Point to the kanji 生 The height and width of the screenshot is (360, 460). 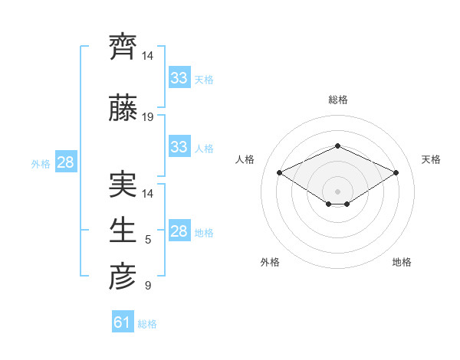pyautogui.click(x=123, y=231)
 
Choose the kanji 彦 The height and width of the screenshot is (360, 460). pyautogui.click(x=123, y=277)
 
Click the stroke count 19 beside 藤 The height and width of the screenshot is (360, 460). pyautogui.click(x=148, y=117)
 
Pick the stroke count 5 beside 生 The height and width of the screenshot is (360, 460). pyautogui.click(x=148, y=241)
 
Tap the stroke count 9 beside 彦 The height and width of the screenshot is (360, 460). pyautogui.click(x=148, y=286)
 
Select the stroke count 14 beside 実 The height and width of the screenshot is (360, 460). pyautogui.click(x=148, y=194)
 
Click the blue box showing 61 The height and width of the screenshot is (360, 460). pyautogui.click(x=123, y=322)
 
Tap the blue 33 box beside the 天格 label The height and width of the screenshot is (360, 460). pyautogui.click(x=179, y=78)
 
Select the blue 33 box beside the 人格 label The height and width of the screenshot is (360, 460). pyautogui.click(x=179, y=147)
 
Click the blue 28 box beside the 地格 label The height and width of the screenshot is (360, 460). pyautogui.click(x=179, y=231)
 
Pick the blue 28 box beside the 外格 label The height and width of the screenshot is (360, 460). pyautogui.click(x=66, y=162)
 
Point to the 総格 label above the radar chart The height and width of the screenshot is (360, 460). pyautogui.click(x=337, y=100)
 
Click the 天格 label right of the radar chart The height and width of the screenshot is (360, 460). pyautogui.click(x=431, y=159)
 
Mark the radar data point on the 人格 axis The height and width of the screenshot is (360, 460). pyautogui.click(x=279, y=172)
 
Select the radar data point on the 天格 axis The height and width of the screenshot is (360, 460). pyautogui.click(x=396, y=172)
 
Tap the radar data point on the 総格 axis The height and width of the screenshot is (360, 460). pyautogui.click(x=337, y=146)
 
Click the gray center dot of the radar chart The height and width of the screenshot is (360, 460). pyautogui.click(x=337, y=191)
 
